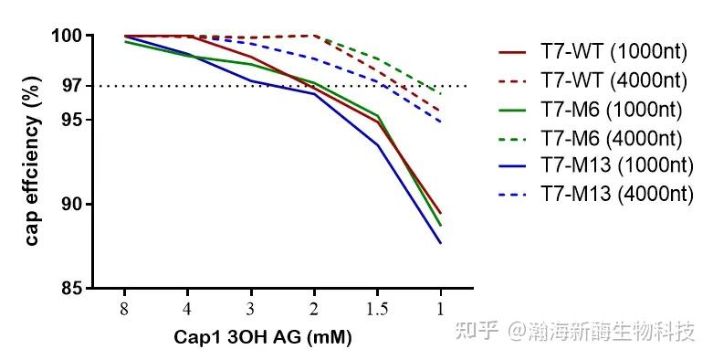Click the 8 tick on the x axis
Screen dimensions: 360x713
pos(124,308)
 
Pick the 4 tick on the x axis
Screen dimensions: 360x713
pos(187,308)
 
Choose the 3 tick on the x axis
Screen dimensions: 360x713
pos(251,308)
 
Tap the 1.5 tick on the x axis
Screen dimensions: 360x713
pos(377,308)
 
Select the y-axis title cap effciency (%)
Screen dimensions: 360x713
pos(33,162)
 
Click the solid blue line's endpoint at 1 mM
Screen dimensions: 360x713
pos(441,243)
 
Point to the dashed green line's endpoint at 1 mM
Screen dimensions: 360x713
pos(441,93)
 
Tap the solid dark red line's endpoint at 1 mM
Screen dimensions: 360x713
pos(441,213)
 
